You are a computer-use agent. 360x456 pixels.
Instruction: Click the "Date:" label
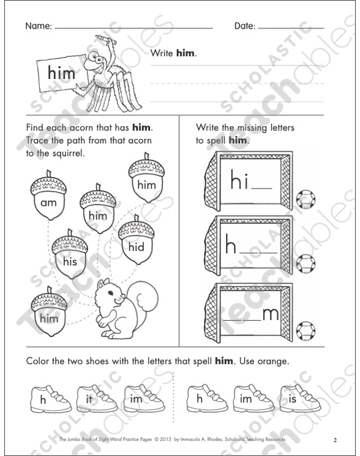pos(245,27)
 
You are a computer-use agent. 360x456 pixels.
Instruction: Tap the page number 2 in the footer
pos(335,439)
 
